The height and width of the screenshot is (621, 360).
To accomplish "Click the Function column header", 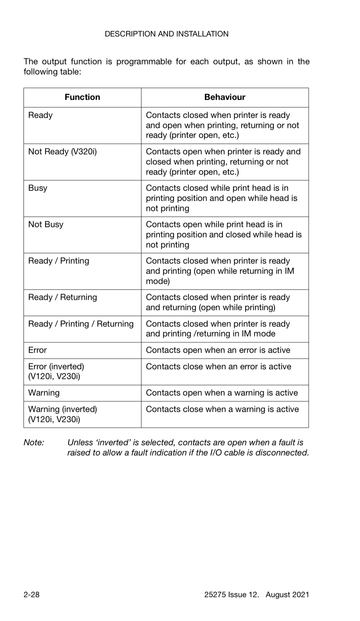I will tap(82, 97).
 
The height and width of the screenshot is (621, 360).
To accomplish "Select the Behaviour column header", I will tap(224, 97).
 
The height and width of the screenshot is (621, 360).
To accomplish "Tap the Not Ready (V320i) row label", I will tap(62, 152).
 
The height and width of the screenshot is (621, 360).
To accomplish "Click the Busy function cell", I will tap(38, 188).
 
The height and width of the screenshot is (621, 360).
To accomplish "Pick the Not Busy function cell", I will tap(45, 224).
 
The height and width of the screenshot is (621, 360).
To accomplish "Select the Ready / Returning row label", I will tap(62, 297).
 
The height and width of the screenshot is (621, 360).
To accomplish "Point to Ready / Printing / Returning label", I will tap(81, 324).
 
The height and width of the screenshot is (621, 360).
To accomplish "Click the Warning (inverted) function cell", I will tap(62, 414).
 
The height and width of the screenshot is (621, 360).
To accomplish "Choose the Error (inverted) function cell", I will tap(56, 371).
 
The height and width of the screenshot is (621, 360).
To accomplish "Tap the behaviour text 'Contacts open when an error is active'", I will tap(218, 350).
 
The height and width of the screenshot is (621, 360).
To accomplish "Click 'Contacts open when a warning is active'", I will tap(222, 393).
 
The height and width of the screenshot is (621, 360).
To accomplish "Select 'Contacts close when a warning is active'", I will tap(222, 409).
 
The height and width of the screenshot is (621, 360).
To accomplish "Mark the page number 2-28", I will tap(31, 594).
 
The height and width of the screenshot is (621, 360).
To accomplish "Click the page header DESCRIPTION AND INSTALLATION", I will tap(166, 34).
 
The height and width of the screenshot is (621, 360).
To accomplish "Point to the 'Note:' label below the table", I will tap(34, 442).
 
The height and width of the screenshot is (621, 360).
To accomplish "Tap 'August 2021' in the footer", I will tap(287, 594).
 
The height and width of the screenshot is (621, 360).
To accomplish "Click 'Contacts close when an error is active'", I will tap(218, 366).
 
